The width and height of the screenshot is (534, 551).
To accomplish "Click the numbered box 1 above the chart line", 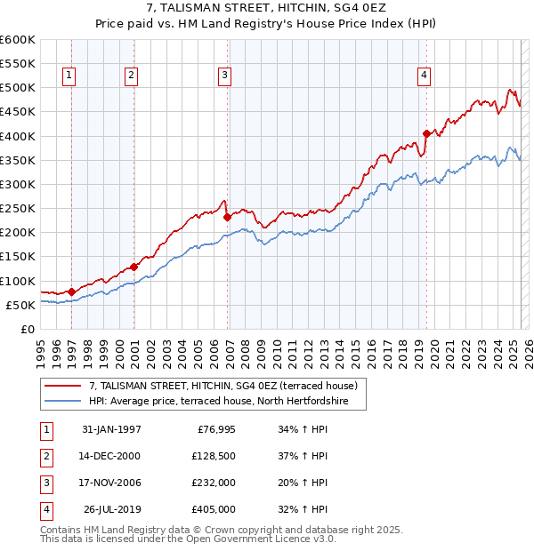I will (69, 76).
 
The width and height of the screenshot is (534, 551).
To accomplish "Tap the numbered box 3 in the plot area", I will (225, 76).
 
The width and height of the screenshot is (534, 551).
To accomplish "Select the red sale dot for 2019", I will (426, 134).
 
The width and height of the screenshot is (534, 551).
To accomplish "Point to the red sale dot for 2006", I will (227, 217).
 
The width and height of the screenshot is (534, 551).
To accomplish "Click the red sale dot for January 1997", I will (72, 291).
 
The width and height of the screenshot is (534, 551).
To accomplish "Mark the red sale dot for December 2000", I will (133, 267).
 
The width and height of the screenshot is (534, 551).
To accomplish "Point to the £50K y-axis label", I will (20, 305).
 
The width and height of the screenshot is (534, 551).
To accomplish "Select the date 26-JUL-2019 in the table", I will (111, 509).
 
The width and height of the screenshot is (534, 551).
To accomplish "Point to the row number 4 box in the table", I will (44, 509).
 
